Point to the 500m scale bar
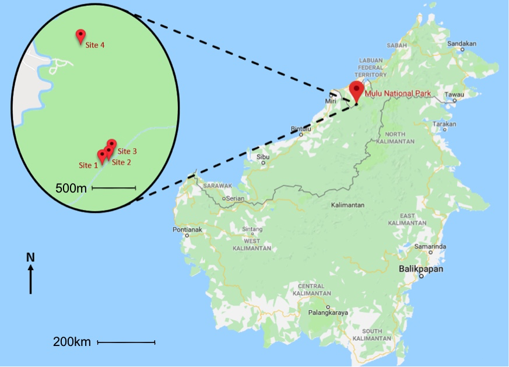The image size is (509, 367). coord(114,188)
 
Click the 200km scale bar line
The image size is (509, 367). coord(126,342)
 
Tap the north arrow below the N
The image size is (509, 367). coord(31,279)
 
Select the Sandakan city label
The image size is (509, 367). coord(462,43)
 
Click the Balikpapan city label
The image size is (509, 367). coord(422,269)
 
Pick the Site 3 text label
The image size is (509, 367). coord(127,151)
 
